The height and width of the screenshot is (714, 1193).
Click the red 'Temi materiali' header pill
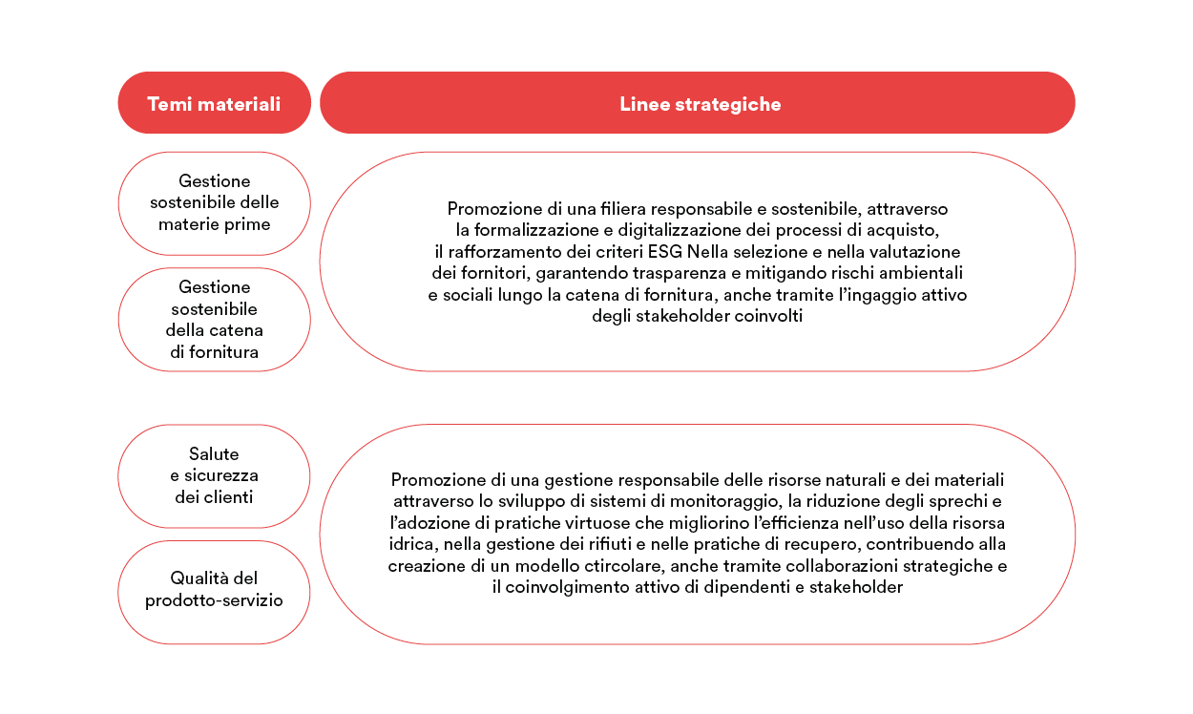point(214,103)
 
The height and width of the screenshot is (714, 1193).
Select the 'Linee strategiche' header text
point(700,104)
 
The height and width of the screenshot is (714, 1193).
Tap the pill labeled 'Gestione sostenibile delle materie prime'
point(214,203)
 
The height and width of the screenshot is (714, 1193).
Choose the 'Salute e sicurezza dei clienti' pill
point(214,475)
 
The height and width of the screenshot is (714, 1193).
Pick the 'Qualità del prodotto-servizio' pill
point(214,589)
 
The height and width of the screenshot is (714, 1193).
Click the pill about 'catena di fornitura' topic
point(214,320)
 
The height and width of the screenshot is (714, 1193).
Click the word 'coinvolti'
point(769,317)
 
